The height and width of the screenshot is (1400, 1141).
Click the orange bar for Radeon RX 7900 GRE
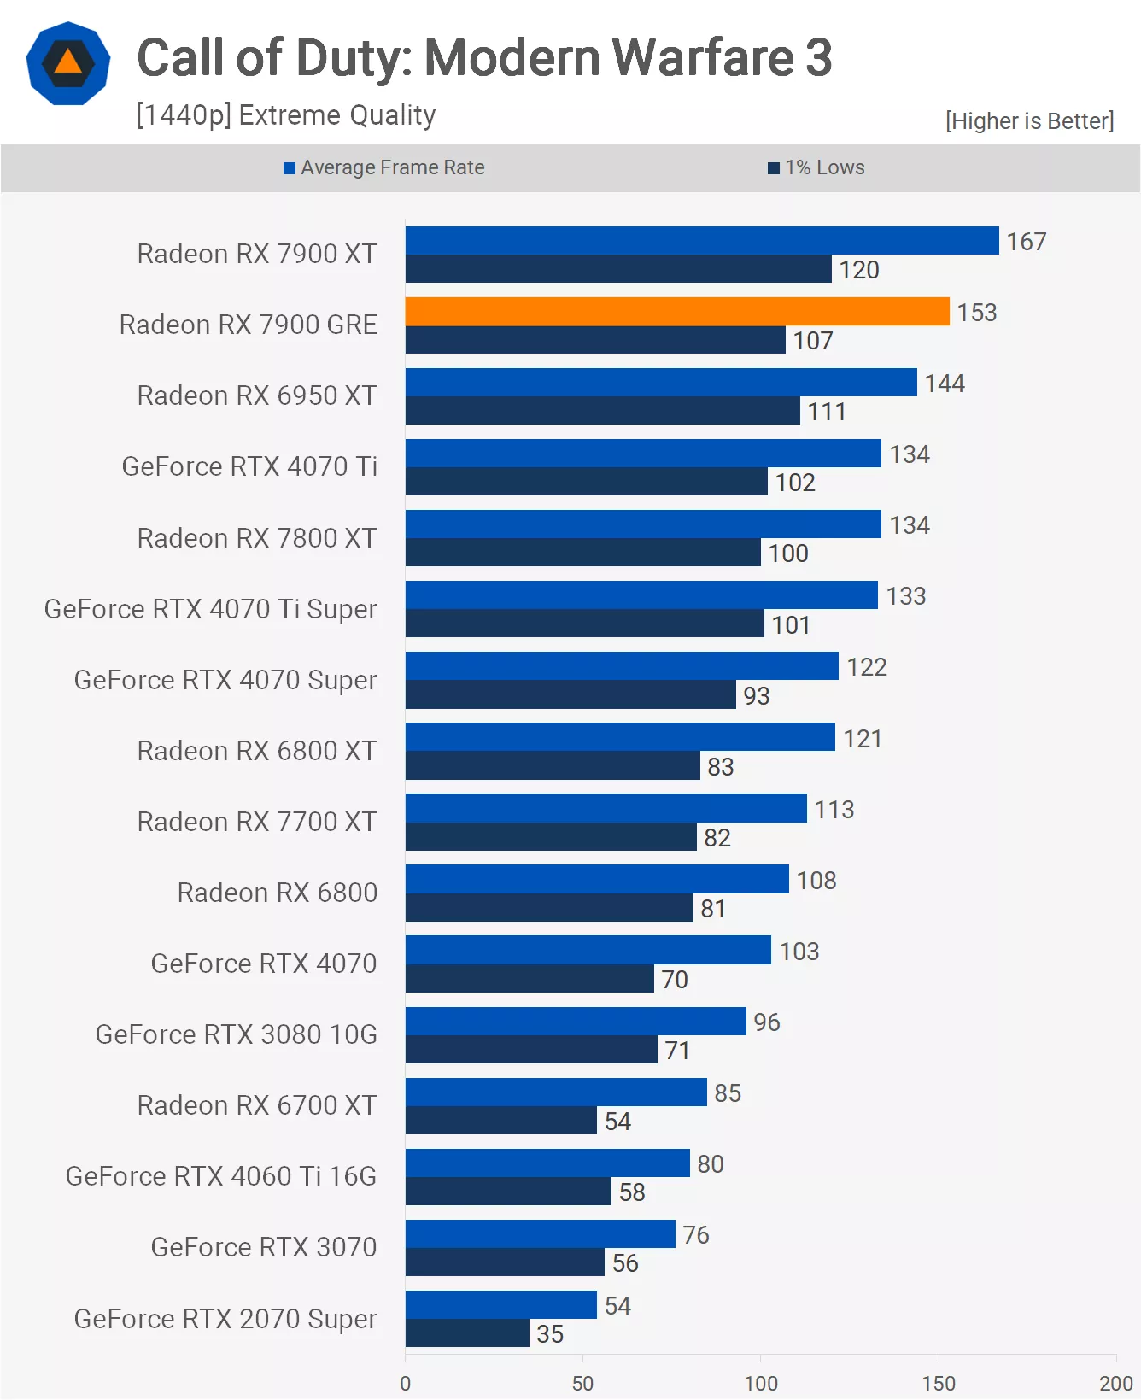click(x=676, y=312)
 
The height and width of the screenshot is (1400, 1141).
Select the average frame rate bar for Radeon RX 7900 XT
click(x=701, y=241)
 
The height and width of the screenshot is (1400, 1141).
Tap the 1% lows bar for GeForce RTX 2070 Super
click(x=467, y=1333)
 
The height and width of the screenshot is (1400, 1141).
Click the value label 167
click(x=1026, y=242)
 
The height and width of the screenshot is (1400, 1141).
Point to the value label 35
click(x=550, y=1334)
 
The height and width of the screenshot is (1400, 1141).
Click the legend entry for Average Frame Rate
click(x=384, y=167)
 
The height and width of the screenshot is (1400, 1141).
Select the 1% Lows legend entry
click(x=816, y=167)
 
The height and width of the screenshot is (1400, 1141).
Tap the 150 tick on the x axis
click(x=938, y=1383)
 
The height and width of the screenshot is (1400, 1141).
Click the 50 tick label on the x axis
click(x=582, y=1383)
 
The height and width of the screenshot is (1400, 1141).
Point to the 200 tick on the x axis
click(x=1115, y=1383)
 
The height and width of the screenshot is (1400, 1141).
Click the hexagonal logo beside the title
click(x=68, y=64)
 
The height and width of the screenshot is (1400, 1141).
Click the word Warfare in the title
click(x=703, y=58)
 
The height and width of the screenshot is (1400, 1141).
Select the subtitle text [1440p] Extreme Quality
click(x=286, y=115)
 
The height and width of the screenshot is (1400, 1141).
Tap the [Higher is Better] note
click(x=1029, y=121)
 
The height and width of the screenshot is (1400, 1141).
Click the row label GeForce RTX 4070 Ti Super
click(x=210, y=609)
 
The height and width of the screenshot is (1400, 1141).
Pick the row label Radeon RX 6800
click(x=277, y=893)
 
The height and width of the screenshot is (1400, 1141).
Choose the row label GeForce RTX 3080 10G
click(x=236, y=1034)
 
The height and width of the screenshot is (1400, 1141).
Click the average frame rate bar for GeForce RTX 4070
click(x=588, y=950)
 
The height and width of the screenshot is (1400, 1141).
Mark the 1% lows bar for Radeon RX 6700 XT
click(x=500, y=1121)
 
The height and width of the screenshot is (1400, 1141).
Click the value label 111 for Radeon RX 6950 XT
click(x=827, y=412)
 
